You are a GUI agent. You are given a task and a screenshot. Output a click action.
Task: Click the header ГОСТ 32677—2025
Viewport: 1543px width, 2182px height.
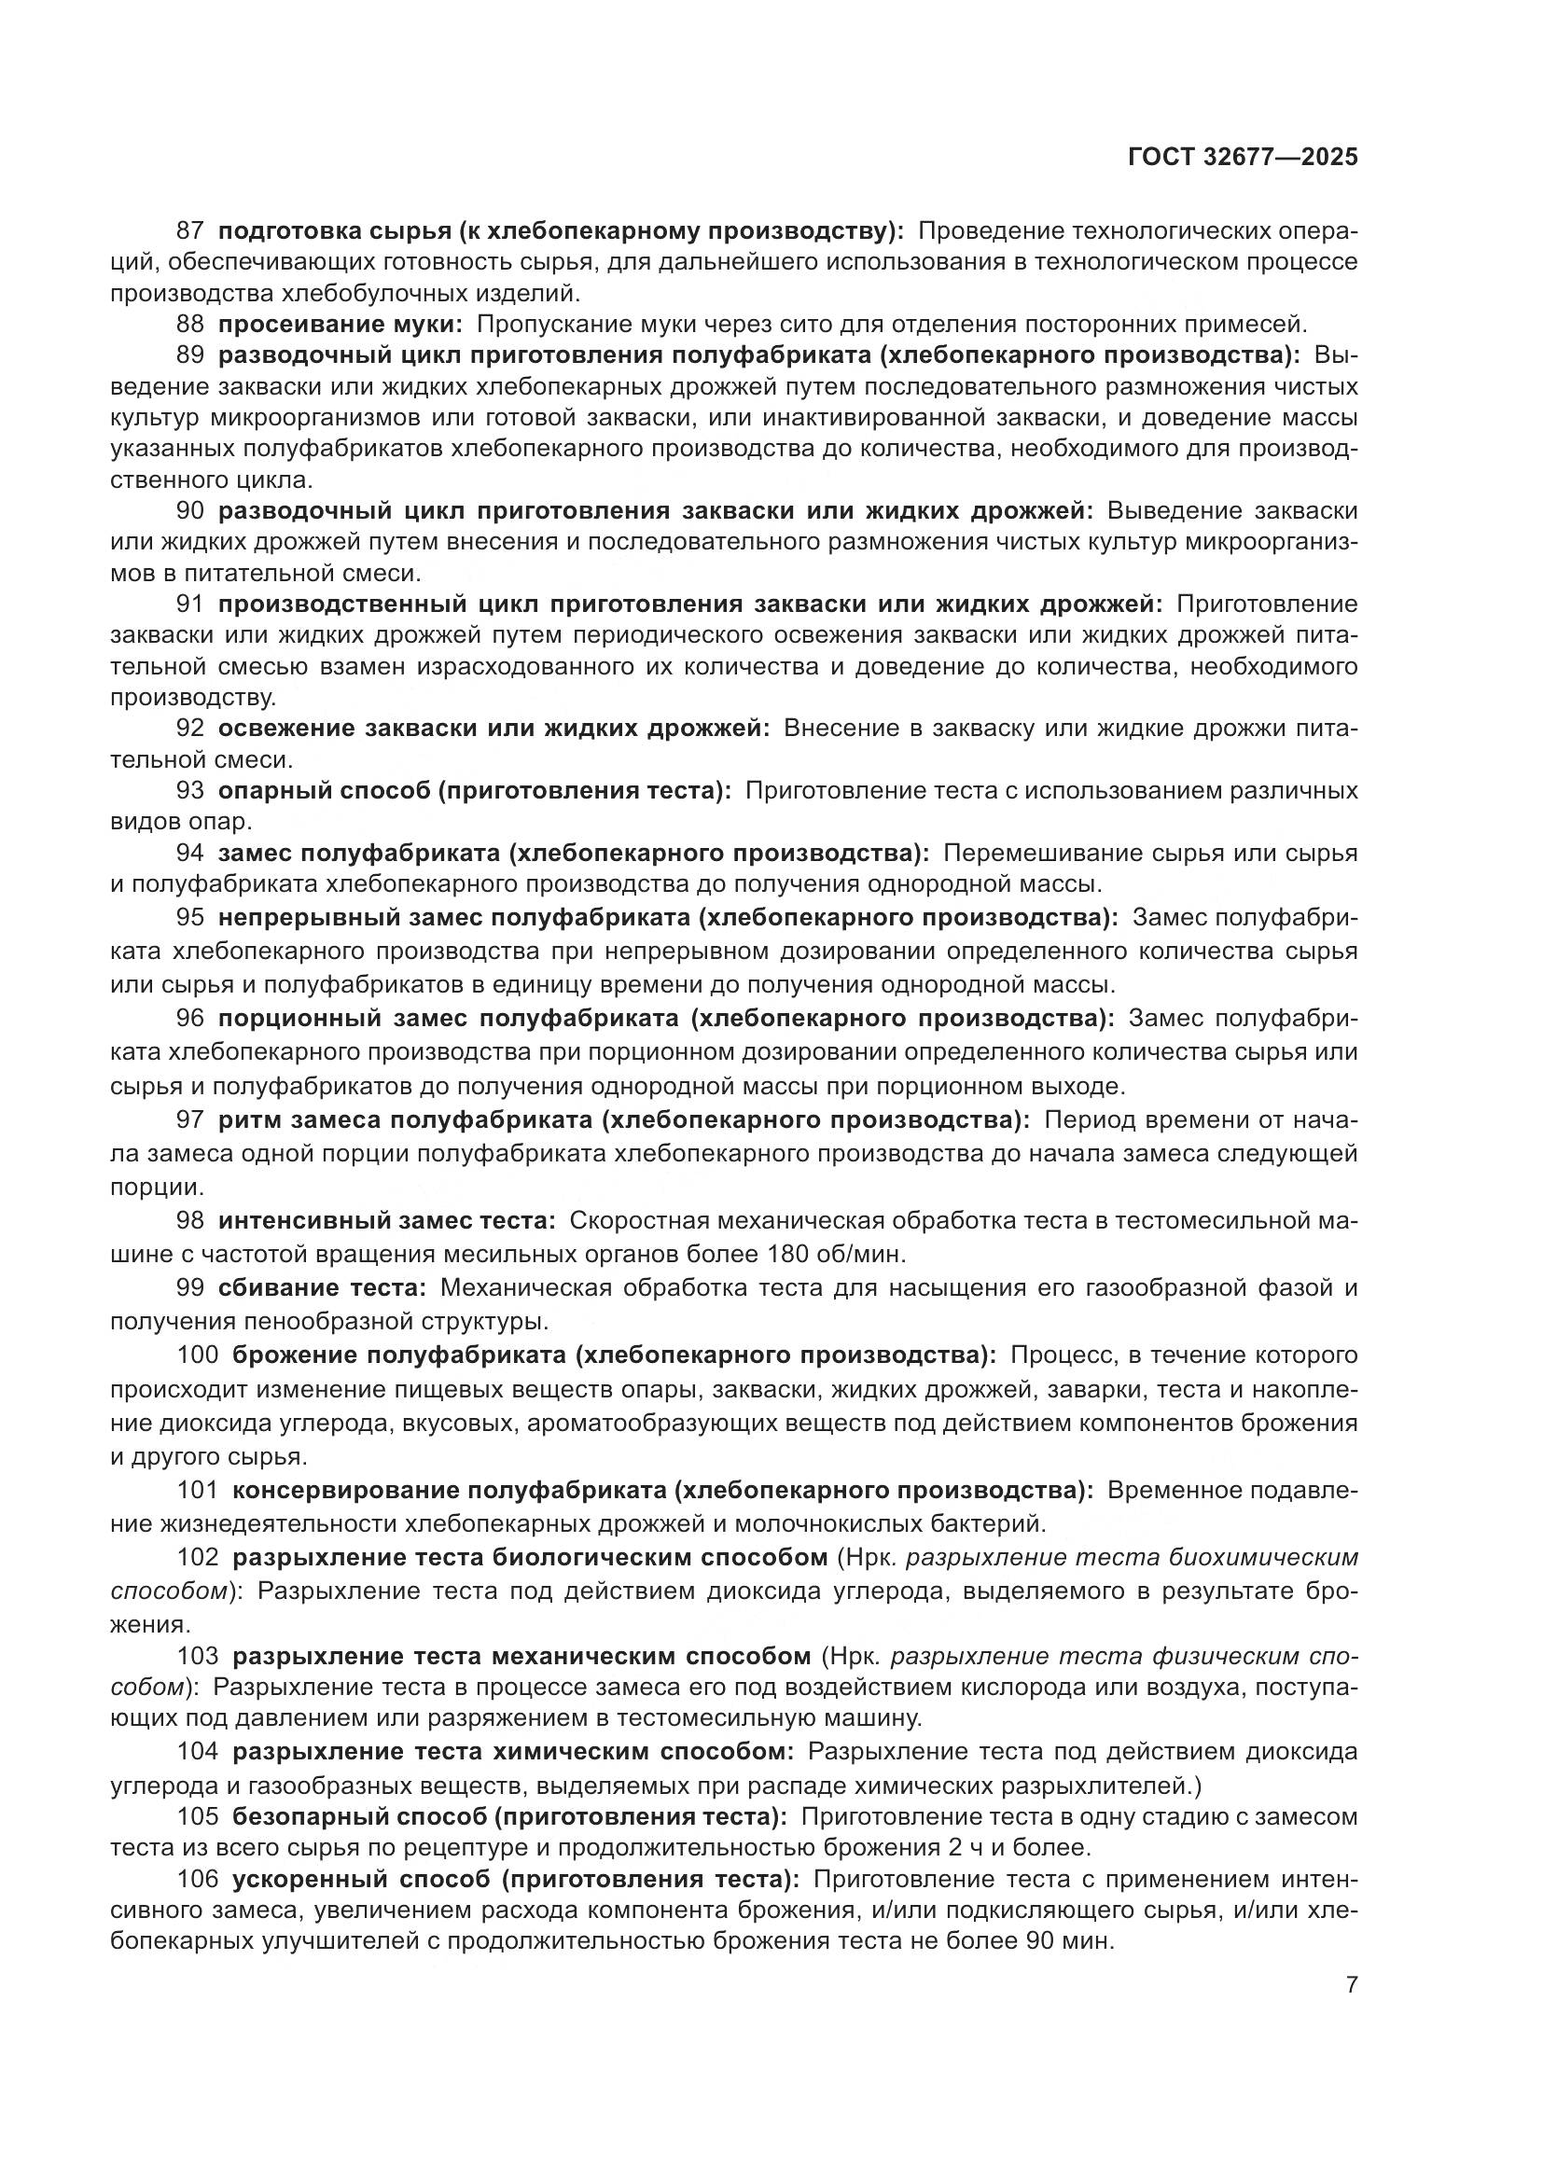[1242, 158]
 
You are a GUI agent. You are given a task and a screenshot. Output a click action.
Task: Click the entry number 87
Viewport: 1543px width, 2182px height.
[190, 231]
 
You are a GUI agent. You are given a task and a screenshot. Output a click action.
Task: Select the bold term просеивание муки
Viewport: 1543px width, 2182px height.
[341, 324]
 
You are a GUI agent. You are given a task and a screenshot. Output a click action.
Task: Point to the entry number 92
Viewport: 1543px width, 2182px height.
[190, 729]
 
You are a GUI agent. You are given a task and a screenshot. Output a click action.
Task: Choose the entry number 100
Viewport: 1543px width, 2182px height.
[198, 1355]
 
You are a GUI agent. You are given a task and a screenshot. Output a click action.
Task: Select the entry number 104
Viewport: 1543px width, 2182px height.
[198, 1750]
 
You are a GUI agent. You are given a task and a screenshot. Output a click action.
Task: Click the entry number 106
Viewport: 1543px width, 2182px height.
[198, 1879]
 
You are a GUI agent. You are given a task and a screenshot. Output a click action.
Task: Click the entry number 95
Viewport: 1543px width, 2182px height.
[190, 918]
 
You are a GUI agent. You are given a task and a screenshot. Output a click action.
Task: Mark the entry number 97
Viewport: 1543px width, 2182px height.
[190, 1120]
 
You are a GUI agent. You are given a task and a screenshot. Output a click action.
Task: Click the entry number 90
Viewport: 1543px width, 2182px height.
[190, 510]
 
